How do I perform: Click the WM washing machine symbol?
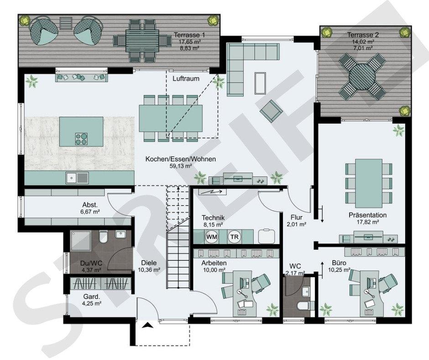[212, 237]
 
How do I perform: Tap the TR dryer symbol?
[234, 237]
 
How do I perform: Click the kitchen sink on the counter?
[78, 178]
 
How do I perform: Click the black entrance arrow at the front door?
[147, 325]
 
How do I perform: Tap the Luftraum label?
[186, 79]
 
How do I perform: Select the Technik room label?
[213, 217]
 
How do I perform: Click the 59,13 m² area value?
[181, 166]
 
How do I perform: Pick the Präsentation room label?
[367, 215]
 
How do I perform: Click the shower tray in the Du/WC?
[81, 241]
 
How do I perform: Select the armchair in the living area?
[271, 111]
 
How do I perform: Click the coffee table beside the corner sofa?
[260, 83]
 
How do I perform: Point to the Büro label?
[339, 263]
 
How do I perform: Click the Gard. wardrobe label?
[92, 296]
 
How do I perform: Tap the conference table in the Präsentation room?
[369, 183]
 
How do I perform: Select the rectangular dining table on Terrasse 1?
[141, 41]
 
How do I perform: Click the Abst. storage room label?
[90, 205]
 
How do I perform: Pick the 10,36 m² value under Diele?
[149, 270]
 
